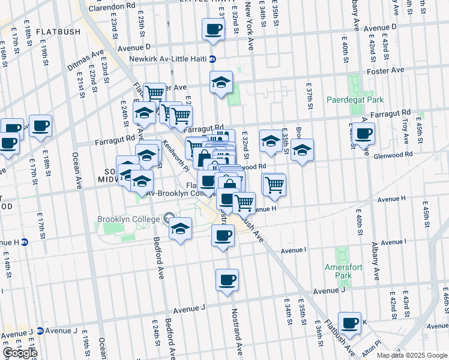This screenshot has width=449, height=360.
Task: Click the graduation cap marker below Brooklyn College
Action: point(180,229)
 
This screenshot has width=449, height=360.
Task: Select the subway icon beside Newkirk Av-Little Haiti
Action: point(213,59)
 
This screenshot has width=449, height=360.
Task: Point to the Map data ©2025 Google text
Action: point(412,355)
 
